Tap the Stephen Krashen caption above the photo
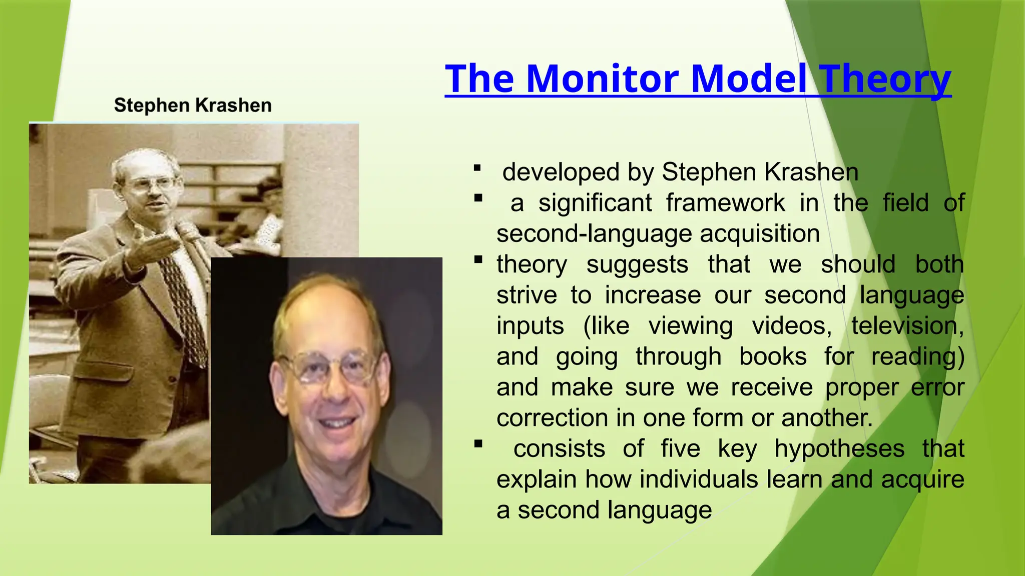tap(193, 105)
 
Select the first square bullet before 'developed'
tap(477, 168)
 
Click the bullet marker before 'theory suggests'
tap(478, 259)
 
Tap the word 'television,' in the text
tap(907, 326)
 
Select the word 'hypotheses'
tap(839, 448)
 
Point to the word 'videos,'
tap(792, 326)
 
